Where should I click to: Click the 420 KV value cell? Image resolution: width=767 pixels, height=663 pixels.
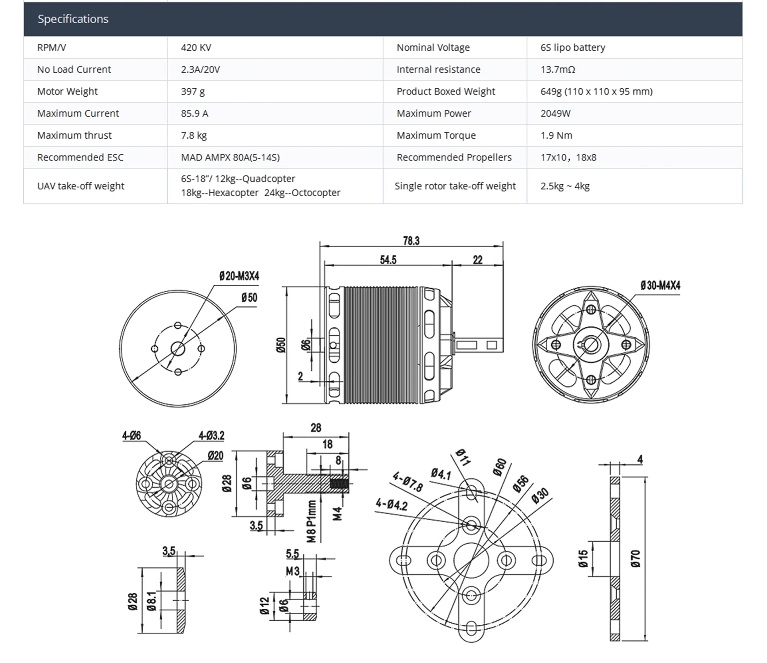196,47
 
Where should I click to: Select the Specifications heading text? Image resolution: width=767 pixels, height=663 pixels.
73,19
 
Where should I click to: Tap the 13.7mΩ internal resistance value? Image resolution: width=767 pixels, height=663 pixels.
557,69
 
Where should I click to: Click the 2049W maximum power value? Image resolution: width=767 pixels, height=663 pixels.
555,113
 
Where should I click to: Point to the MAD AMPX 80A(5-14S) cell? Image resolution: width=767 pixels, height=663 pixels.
230,157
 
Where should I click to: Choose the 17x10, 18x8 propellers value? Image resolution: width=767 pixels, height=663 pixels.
568,157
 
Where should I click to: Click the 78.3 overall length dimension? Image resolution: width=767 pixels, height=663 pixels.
411,241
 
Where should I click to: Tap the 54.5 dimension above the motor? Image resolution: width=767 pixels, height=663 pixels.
388,260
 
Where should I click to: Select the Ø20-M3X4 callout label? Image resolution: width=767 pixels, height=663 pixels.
239,276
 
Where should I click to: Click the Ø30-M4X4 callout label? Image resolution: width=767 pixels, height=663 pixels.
661,285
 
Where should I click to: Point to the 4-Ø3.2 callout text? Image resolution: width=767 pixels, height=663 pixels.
211,436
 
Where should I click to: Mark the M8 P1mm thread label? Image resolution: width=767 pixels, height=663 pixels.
312,521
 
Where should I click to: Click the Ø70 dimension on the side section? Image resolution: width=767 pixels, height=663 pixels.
635,559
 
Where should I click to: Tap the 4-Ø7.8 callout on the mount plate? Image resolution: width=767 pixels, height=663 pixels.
407,482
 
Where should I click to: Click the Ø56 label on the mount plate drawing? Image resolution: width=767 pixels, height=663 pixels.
521,484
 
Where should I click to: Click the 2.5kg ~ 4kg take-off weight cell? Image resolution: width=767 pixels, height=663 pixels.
565,186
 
